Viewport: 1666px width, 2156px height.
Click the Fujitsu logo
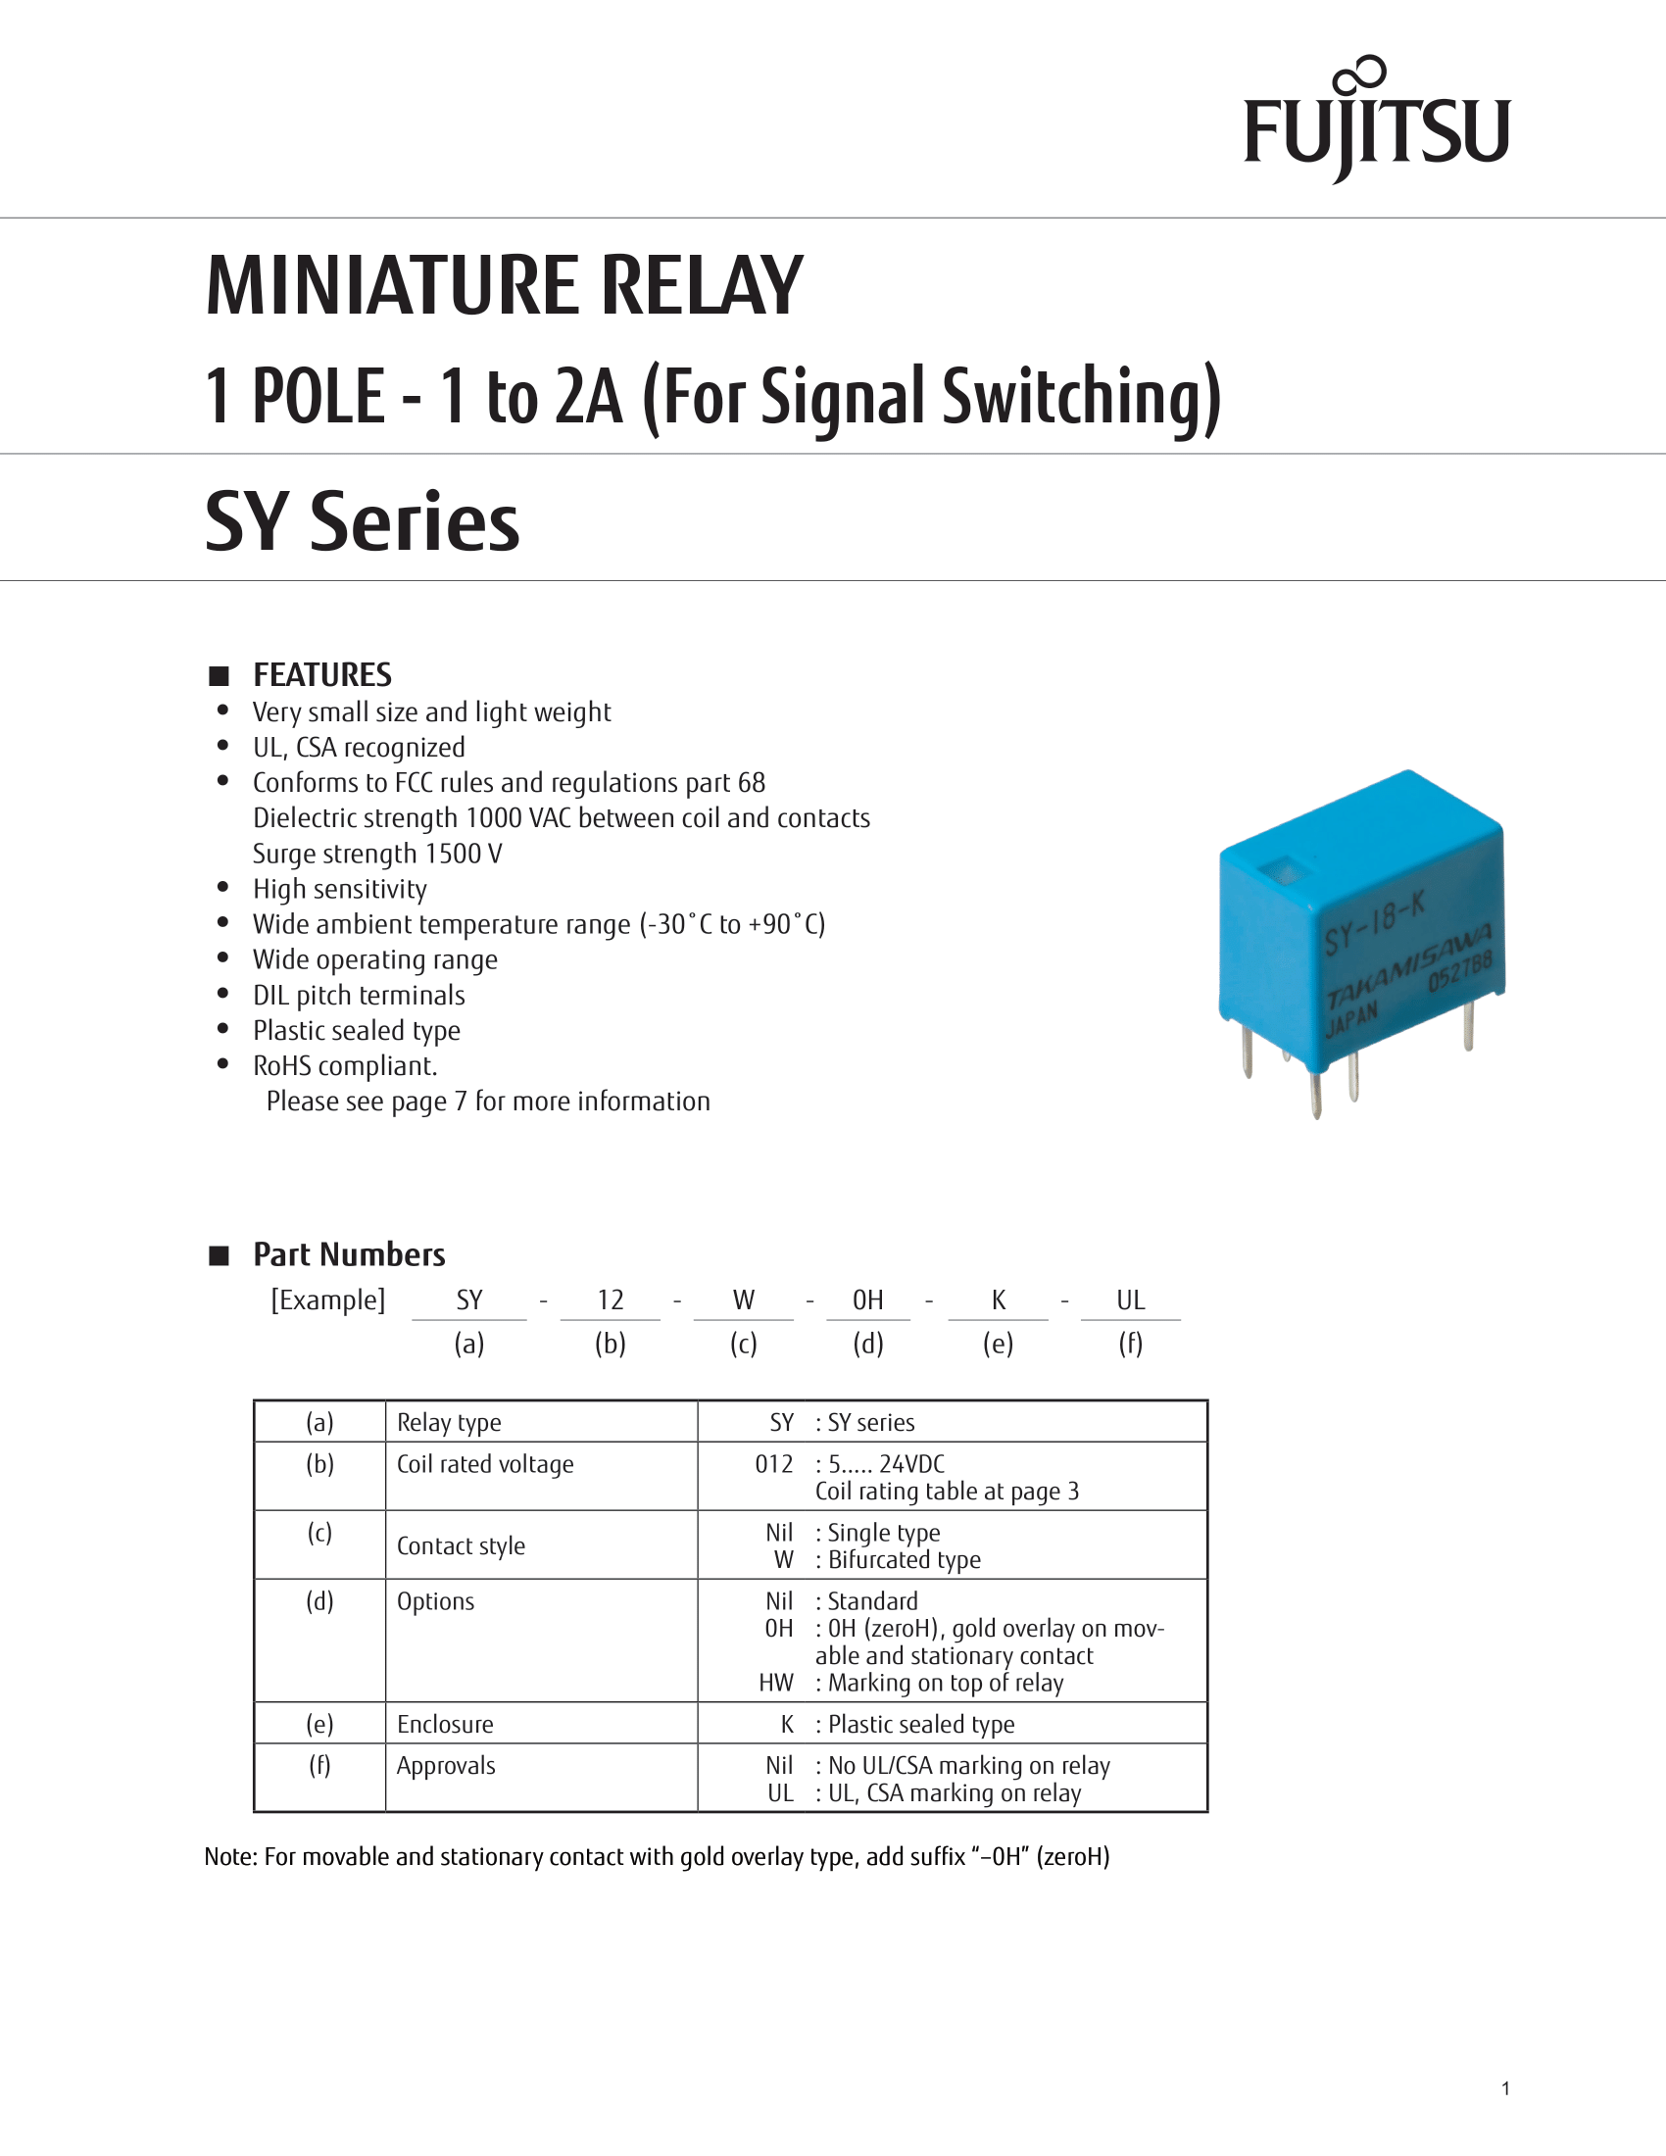(x=1376, y=123)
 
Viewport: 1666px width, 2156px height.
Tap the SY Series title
(x=362, y=521)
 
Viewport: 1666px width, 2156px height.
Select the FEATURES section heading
(x=321, y=675)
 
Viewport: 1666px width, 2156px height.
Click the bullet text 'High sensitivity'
(x=339, y=889)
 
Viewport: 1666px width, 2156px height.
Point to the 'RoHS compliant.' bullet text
(x=344, y=1065)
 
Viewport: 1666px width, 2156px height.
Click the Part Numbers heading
(x=349, y=1254)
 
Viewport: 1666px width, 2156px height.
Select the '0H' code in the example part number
(x=867, y=1300)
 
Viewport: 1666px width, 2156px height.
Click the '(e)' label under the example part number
(x=998, y=1344)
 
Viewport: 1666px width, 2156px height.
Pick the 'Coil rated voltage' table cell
(x=484, y=1464)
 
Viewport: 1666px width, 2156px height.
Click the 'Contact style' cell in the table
(x=460, y=1545)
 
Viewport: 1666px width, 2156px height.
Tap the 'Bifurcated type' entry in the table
(x=905, y=1560)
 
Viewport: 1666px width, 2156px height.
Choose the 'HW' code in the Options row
(x=776, y=1683)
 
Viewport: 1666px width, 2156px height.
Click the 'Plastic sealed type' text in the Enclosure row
(x=921, y=1725)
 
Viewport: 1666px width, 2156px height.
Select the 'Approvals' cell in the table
(x=445, y=1766)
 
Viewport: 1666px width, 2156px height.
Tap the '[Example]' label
(x=327, y=1300)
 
